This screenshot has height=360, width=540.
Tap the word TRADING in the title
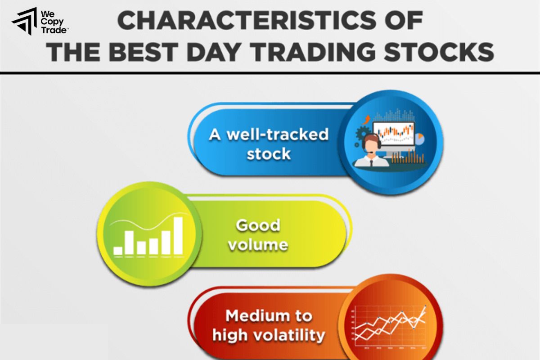click(335, 52)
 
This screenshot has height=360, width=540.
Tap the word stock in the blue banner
click(269, 154)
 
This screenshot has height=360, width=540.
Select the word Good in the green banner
click(258, 225)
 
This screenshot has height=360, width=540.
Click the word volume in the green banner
click(258, 245)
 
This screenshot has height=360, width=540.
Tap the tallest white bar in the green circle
click(178, 235)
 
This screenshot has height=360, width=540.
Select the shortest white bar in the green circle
click(118, 251)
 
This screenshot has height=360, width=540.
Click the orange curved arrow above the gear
click(367, 120)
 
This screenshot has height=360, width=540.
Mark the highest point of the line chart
click(425, 307)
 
